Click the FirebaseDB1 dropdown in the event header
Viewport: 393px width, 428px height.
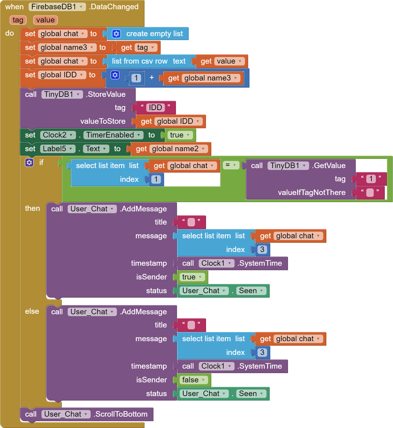pos(57,7)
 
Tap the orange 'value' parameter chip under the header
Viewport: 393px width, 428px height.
pos(45,20)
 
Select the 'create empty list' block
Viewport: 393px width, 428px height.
pos(147,34)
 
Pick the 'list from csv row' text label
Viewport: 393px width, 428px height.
pos(140,61)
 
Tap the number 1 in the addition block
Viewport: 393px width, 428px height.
pos(136,78)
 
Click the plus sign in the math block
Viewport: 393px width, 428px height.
pos(152,77)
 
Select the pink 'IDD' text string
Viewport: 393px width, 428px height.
pos(156,108)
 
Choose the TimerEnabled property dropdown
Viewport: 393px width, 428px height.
pos(113,135)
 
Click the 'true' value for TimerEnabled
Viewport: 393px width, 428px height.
pos(180,135)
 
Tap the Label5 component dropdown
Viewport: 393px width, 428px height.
pos(58,149)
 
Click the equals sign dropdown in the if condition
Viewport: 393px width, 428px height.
pos(231,165)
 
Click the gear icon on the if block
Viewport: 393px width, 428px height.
pos(29,163)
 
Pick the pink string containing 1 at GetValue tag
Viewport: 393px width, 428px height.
pos(371,179)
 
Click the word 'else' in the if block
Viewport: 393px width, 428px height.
pos(32,311)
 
